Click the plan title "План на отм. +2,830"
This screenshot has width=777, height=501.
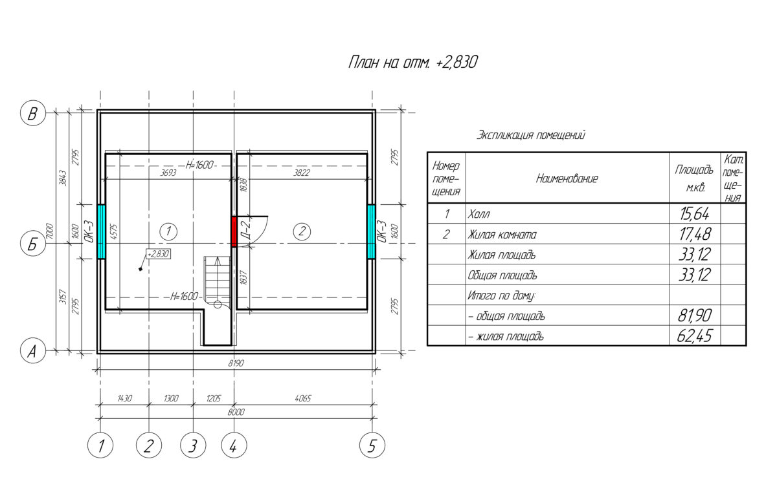[x=413, y=63]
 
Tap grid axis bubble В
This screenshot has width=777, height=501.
[x=33, y=114]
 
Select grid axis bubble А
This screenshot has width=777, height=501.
[x=33, y=351]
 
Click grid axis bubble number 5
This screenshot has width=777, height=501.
[x=372, y=445]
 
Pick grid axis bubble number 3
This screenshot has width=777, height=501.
[x=193, y=445]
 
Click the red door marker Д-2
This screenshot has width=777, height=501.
[x=234, y=231]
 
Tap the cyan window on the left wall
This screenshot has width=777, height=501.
[x=101, y=231]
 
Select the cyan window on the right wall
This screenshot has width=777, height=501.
[x=371, y=231]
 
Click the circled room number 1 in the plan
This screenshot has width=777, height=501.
[x=168, y=231]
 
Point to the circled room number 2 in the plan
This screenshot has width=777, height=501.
[x=302, y=231]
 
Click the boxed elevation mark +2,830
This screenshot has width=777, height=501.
[x=159, y=254]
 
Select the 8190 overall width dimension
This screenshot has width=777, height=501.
[x=236, y=363]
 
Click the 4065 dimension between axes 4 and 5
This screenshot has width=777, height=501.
[x=303, y=398]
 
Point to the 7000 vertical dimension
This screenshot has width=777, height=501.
[x=50, y=231]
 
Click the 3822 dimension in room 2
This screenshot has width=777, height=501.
[x=302, y=173]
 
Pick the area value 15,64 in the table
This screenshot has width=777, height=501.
[x=694, y=213]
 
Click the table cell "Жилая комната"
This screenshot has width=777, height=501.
[x=502, y=235]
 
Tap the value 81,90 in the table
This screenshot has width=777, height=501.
[x=694, y=315]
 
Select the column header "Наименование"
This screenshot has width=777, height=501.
[x=567, y=178]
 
